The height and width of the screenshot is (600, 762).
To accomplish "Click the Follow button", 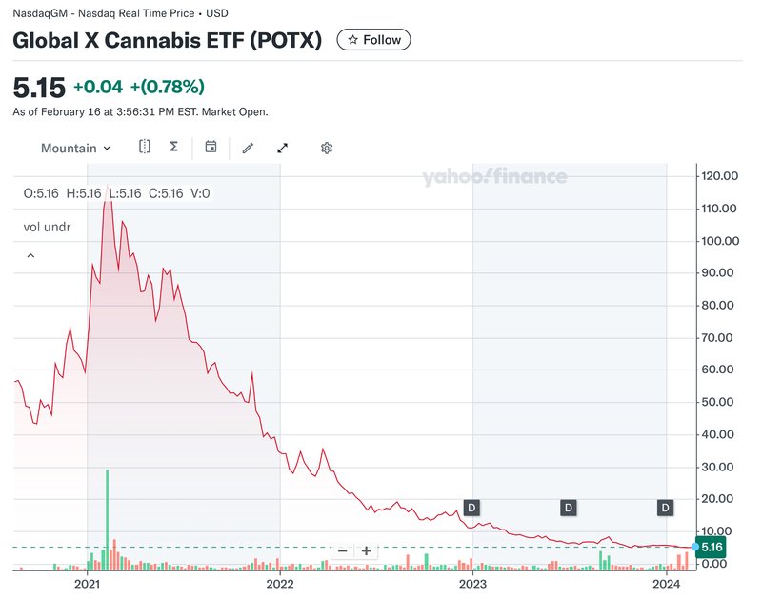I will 374,40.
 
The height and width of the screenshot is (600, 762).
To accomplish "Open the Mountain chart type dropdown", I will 75,148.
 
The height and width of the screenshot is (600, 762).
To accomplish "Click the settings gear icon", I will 327,148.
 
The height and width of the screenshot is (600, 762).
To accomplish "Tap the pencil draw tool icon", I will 248,148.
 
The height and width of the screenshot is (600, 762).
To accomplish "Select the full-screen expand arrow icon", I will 283,148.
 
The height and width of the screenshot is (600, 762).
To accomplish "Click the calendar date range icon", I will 211,148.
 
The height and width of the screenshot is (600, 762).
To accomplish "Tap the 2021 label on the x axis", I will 87,583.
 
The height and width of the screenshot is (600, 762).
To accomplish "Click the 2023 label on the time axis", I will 473,583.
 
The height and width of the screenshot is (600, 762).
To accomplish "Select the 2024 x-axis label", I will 667,583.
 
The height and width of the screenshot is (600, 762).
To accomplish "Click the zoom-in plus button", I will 367,550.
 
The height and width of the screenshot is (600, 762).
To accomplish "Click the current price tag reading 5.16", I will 712,547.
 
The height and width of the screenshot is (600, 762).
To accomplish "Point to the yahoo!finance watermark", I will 494,177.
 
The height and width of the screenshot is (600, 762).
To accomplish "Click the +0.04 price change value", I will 98,88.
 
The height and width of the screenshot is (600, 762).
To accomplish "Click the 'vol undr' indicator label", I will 48,228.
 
